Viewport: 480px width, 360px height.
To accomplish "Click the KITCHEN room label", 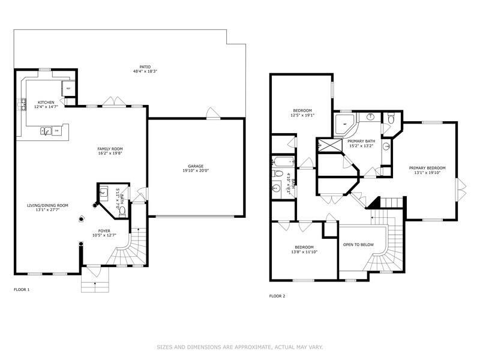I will click(46, 103).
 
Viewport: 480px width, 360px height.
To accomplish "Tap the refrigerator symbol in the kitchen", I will click(69, 89).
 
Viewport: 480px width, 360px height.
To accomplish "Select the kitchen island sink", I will click(45, 130).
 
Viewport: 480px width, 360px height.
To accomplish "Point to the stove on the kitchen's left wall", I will click(25, 105).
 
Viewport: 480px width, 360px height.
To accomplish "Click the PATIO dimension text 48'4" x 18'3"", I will click(145, 71).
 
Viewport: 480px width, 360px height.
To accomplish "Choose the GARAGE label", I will click(196, 166).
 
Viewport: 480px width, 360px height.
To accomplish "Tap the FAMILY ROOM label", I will click(110, 148).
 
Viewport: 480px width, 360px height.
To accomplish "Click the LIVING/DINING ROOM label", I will click(47, 205).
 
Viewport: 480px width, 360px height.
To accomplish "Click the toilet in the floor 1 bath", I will click(122, 211).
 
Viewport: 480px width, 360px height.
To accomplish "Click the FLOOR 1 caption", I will click(22, 290).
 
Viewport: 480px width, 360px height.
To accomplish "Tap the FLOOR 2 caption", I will click(277, 296).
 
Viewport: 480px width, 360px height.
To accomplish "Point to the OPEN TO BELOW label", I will click(358, 245).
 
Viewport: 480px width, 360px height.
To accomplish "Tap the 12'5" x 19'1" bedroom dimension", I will click(302, 115).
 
